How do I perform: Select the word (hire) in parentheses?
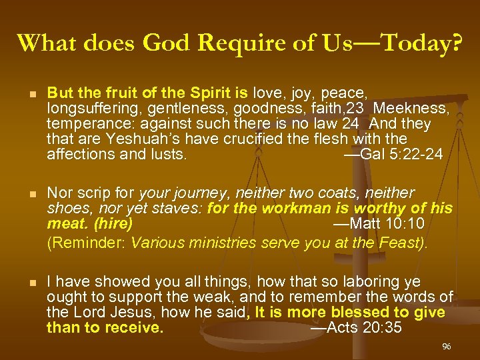tap(113, 223)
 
